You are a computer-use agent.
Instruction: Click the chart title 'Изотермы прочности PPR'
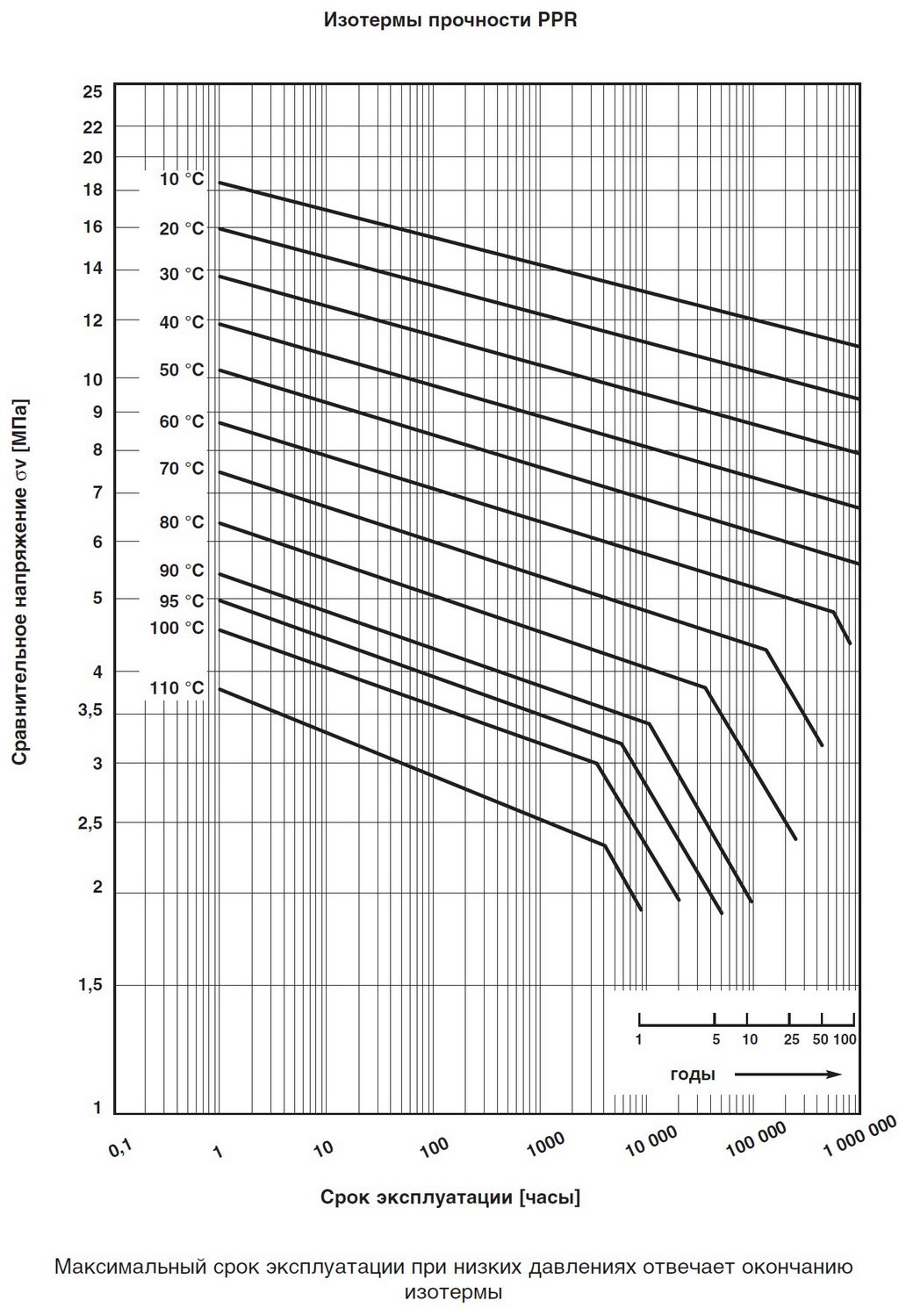point(450,19)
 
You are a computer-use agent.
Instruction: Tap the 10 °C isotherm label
point(181,179)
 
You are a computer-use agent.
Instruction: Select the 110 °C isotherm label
point(176,687)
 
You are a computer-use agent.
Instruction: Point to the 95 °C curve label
point(181,600)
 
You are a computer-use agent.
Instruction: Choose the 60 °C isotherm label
point(181,421)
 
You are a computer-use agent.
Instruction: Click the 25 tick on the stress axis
point(92,91)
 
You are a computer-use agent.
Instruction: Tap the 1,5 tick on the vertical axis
point(90,985)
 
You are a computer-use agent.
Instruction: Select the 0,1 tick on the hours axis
point(120,1146)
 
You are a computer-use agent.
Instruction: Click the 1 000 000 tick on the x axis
point(859,1139)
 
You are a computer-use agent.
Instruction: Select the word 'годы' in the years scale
point(692,1074)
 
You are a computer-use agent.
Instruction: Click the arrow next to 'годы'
point(788,1074)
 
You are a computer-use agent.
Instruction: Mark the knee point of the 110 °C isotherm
point(604,844)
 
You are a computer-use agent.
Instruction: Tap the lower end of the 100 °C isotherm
point(680,900)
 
